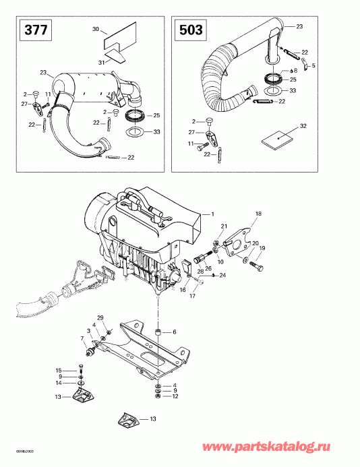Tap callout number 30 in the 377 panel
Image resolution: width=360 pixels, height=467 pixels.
[95, 30]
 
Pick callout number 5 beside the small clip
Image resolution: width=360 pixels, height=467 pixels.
[313, 65]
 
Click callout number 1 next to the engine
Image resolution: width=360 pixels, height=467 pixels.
[212, 214]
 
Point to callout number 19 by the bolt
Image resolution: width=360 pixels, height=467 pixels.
[262, 248]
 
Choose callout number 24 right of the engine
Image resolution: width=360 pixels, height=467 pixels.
[223, 275]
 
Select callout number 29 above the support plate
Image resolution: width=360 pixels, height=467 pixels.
[100, 317]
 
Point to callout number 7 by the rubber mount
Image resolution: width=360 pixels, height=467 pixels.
[82, 338]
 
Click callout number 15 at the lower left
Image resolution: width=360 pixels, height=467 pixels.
[59, 370]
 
